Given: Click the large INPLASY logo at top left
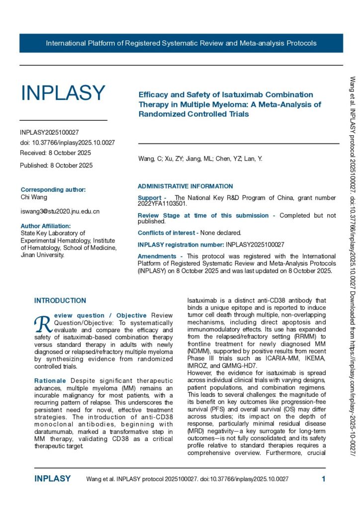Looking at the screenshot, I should (x=63, y=93).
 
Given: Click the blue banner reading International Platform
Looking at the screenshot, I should (x=181, y=43).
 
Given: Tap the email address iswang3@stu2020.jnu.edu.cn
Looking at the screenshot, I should (x=60, y=211).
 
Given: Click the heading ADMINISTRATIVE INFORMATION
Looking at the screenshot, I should (x=185, y=186).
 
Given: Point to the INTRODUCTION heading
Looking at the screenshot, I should (x=60, y=301).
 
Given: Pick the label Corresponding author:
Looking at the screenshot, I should (x=53, y=189).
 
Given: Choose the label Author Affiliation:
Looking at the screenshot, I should (x=46, y=226).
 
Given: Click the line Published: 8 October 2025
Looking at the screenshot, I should (x=56, y=166).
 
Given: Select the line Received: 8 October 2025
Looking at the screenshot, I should (x=55, y=153).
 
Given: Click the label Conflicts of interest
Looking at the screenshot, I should (x=168, y=232).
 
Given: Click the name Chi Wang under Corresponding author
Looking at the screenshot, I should (x=32, y=197).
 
